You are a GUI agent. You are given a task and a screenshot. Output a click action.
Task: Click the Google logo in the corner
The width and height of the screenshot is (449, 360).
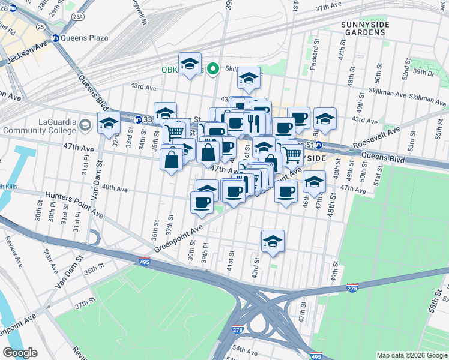20,353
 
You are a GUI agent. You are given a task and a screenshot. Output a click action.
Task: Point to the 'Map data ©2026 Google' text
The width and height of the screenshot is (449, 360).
411,355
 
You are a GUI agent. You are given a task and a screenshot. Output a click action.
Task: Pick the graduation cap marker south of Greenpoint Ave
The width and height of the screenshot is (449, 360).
273,241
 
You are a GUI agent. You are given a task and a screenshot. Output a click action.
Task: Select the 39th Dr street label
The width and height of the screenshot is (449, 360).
423,72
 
